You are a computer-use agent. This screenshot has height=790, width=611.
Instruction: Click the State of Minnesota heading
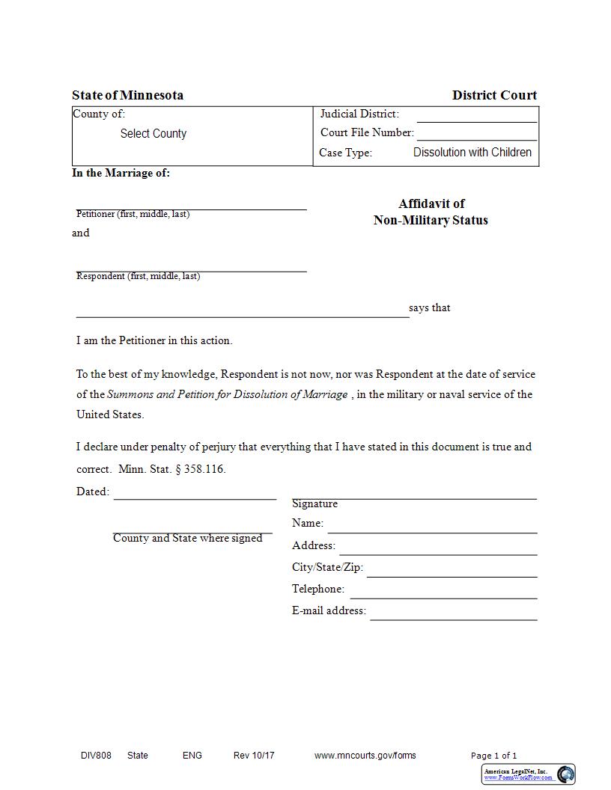click(127, 95)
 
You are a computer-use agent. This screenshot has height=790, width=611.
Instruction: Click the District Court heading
click(494, 95)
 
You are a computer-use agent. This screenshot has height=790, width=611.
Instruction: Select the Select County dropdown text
click(153, 134)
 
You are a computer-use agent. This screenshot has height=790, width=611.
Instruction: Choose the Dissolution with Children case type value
click(472, 153)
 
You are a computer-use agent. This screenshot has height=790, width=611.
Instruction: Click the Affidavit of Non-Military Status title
click(431, 212)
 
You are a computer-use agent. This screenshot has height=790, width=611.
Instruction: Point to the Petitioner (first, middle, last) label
click(133, 214)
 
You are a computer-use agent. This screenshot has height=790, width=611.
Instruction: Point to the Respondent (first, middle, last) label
click(138, 276)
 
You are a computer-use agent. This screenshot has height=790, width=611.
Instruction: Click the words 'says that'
click(430, 308)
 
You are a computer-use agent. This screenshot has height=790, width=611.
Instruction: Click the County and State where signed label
click(187, 539)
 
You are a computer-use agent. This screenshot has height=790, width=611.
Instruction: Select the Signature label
click(314, 504)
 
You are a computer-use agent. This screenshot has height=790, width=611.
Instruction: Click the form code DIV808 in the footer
click(96, 756)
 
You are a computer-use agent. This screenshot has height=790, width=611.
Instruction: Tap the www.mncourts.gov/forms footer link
click(365, 756)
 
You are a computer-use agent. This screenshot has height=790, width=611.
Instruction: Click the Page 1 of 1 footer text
click(493, 756)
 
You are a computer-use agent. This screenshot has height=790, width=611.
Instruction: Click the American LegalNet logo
click(529, 774)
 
